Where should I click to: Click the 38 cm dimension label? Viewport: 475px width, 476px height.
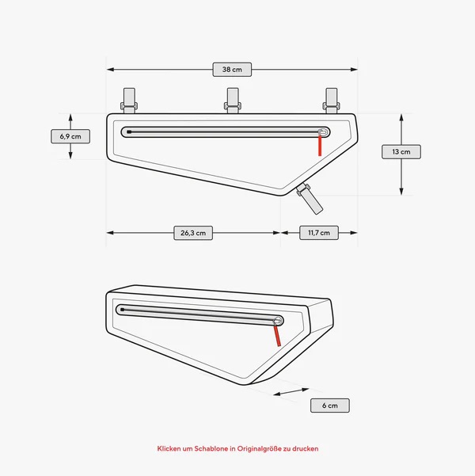point(232,70)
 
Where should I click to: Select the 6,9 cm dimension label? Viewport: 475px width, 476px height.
point(70,136)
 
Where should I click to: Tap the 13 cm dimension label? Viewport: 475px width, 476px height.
point(401,151)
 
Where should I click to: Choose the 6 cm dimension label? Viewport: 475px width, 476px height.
point(329,406)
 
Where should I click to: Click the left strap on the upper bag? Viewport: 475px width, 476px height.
point(129,100)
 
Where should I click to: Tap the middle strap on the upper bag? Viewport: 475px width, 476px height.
point(233,100)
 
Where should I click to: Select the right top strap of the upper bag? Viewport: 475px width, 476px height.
point(332,100)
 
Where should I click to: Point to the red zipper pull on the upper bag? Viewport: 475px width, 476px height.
point(321,144)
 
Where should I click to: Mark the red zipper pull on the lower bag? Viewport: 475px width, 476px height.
point(278,335)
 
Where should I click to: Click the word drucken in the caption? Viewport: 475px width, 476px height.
point(306,448)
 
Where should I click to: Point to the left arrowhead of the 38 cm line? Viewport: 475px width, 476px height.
point(110,70)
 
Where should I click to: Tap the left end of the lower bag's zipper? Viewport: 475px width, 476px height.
point(120,309)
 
